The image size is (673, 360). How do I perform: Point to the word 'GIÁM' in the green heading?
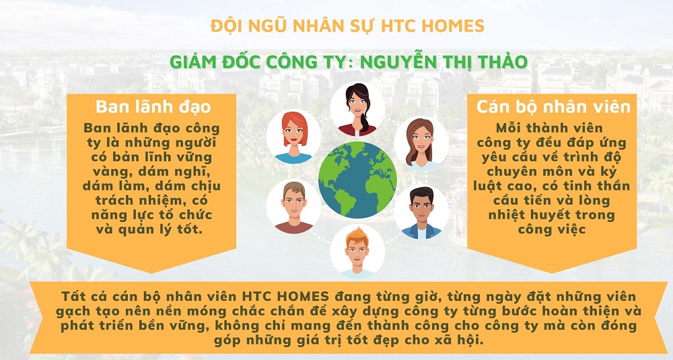pyautogui.click(x=194, y=62)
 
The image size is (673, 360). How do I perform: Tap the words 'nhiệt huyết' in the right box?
pyautogui.click(x=519, y=215)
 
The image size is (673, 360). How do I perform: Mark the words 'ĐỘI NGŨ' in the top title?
pyautogui.click(x=235, y=26)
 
